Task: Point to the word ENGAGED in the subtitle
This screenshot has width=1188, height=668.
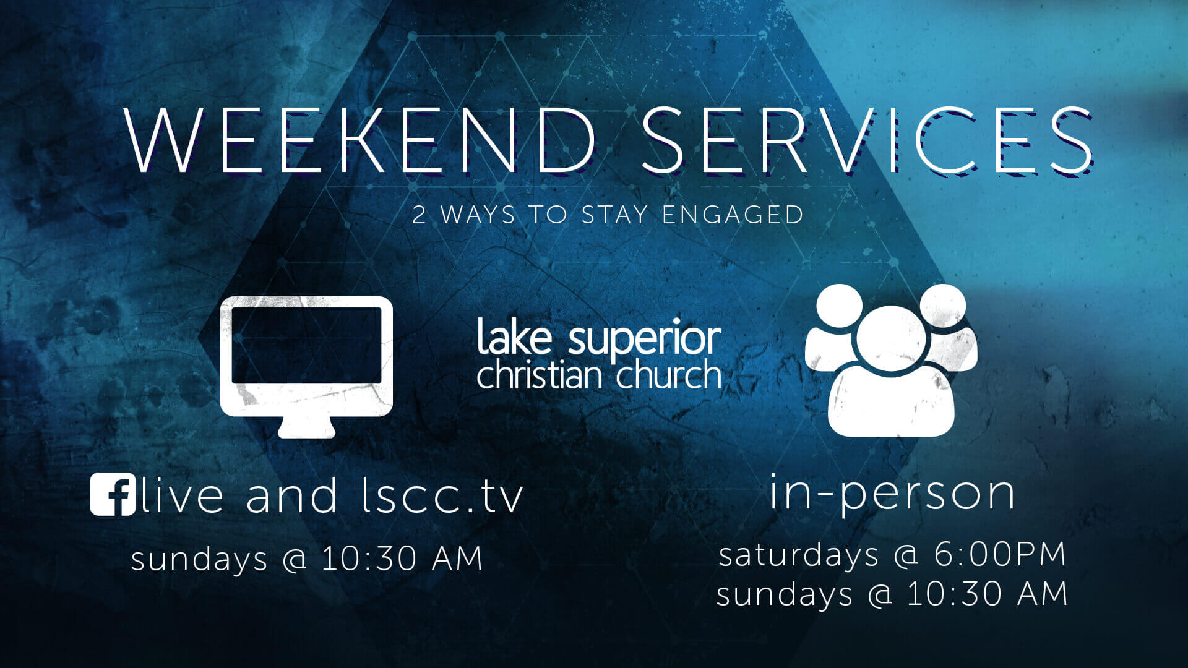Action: tap(733, 215)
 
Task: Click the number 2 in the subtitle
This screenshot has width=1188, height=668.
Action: tap(420, 215)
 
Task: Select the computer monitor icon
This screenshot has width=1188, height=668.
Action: tap(307, 367)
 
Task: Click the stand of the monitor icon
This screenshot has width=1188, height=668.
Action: tap(307, 427)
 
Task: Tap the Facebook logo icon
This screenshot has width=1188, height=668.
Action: tap(113, 494)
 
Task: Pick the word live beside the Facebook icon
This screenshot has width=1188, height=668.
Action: tap(182, 495)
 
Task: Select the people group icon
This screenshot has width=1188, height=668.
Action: tap(891, 360)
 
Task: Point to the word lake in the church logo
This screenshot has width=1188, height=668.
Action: tap(514, 336)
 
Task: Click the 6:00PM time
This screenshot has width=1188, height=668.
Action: tap(1000, 554)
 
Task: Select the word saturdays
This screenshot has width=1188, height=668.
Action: tap(798, 555)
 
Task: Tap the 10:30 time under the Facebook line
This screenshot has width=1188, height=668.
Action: tap(369, 559)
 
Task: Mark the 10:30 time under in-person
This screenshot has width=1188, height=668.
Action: tap(954, 594)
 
